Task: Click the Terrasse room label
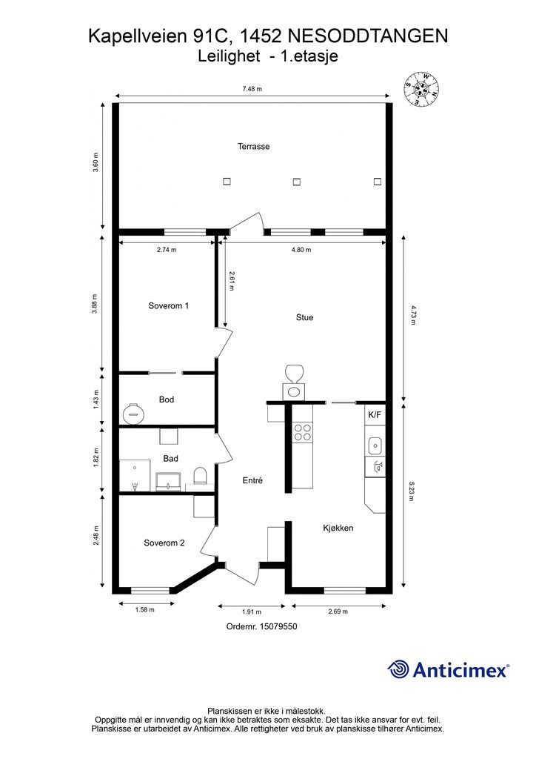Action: (x=253, y=146)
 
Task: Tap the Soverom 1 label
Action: (x=169, y=305)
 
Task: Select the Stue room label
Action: (x=304, y=317)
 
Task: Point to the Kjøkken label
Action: (x=338, y=528)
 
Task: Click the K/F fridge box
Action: (x=375, y=414)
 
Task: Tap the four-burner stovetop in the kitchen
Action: (x=303, y=432)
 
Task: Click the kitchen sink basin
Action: (x=375, y=445)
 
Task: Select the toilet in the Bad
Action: (x=200, y=476)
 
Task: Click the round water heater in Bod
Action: (x=134, y=413)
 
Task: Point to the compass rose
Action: (x=421, y=89)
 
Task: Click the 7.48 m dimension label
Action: (x=252, y=89)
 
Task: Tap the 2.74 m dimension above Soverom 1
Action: (x=167, y=250)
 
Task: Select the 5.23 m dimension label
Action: (x=412, y=491)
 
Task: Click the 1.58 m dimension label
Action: (x=145, y=610)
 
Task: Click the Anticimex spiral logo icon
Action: (x=398, y=669)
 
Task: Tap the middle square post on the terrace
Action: (x=297, y=182)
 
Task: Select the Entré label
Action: (x=252, y=480)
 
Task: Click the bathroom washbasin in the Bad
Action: (x=168, y=482)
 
